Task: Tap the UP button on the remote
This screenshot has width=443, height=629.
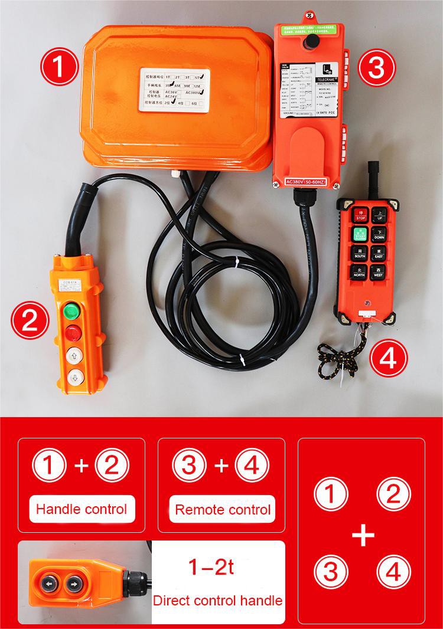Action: pos(379,214)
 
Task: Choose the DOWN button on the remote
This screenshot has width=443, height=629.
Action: pos(379,233)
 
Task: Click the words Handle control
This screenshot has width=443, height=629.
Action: pos(82,509)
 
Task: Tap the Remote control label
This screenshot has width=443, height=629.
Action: pos(223,509)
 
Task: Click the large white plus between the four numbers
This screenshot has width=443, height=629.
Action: pos(363,536)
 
